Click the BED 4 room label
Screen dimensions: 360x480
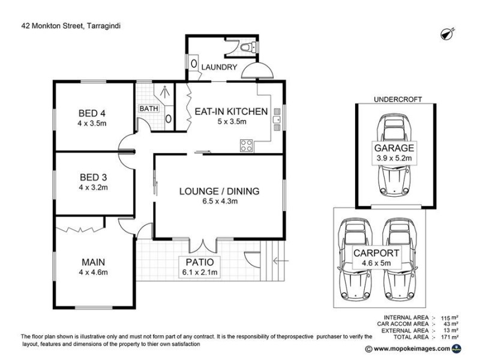click(x=92, y=113)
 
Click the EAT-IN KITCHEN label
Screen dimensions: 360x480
click(x=230, y=111)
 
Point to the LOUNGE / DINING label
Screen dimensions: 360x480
click(x=219, y=191)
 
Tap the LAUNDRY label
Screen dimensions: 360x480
click(x=219, y=67)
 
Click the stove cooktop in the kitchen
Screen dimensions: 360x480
click(x=246, y=145)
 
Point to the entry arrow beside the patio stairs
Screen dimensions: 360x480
click(x=280, y=260)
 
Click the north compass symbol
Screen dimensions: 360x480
click(x=446, y=32)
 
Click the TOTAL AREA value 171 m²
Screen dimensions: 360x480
click(x=449, y=337)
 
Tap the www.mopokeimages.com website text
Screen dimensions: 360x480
click(x=412, y=348)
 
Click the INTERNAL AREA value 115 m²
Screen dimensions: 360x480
click(x=449, y=317)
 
